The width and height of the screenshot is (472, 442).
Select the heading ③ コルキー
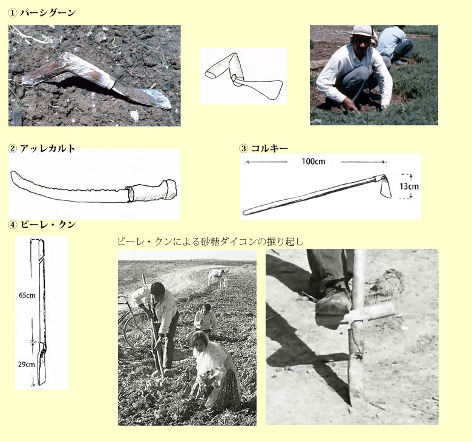point(264,148)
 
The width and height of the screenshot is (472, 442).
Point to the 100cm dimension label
point(313,162)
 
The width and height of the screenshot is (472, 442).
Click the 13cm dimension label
point(409,186)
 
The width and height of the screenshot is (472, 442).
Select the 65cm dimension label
point(27,295)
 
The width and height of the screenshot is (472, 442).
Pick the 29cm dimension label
point(27,364)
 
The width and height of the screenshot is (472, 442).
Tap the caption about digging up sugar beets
point(211,242)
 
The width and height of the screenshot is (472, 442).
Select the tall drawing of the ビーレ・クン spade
point(41,312)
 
